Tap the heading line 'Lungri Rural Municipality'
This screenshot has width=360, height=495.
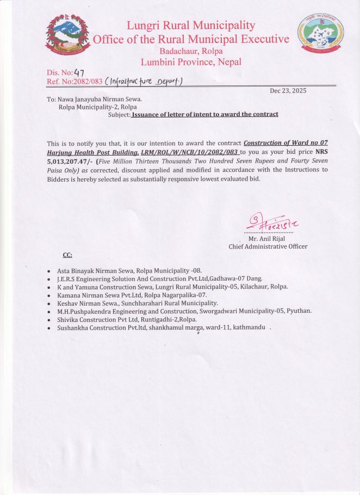190,25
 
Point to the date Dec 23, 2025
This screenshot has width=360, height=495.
288,91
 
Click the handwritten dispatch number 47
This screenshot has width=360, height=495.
79,72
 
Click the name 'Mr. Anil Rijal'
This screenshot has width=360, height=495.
266,238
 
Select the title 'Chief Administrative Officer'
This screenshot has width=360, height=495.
268,246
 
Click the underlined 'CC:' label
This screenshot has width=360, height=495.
67,255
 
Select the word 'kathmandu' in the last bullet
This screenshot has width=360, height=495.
248,327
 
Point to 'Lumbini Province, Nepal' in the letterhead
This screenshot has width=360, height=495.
190,62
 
